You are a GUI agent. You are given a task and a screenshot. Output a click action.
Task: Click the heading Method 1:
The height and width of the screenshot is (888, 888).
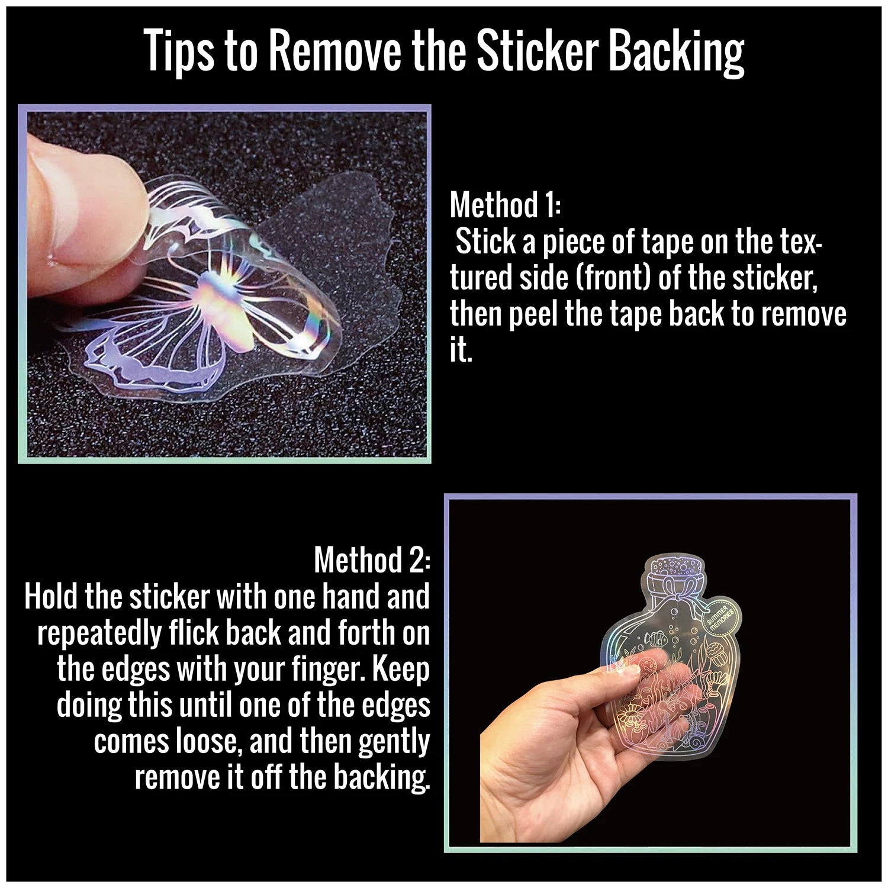pyautogui.click(x=504, y=205)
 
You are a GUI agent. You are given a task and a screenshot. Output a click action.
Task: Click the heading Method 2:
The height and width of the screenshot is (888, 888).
pyautogui.click(x=372, y=560)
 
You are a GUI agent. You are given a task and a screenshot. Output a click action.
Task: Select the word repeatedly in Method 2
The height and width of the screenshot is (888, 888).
pyautogui.click(x=99, y=633)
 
